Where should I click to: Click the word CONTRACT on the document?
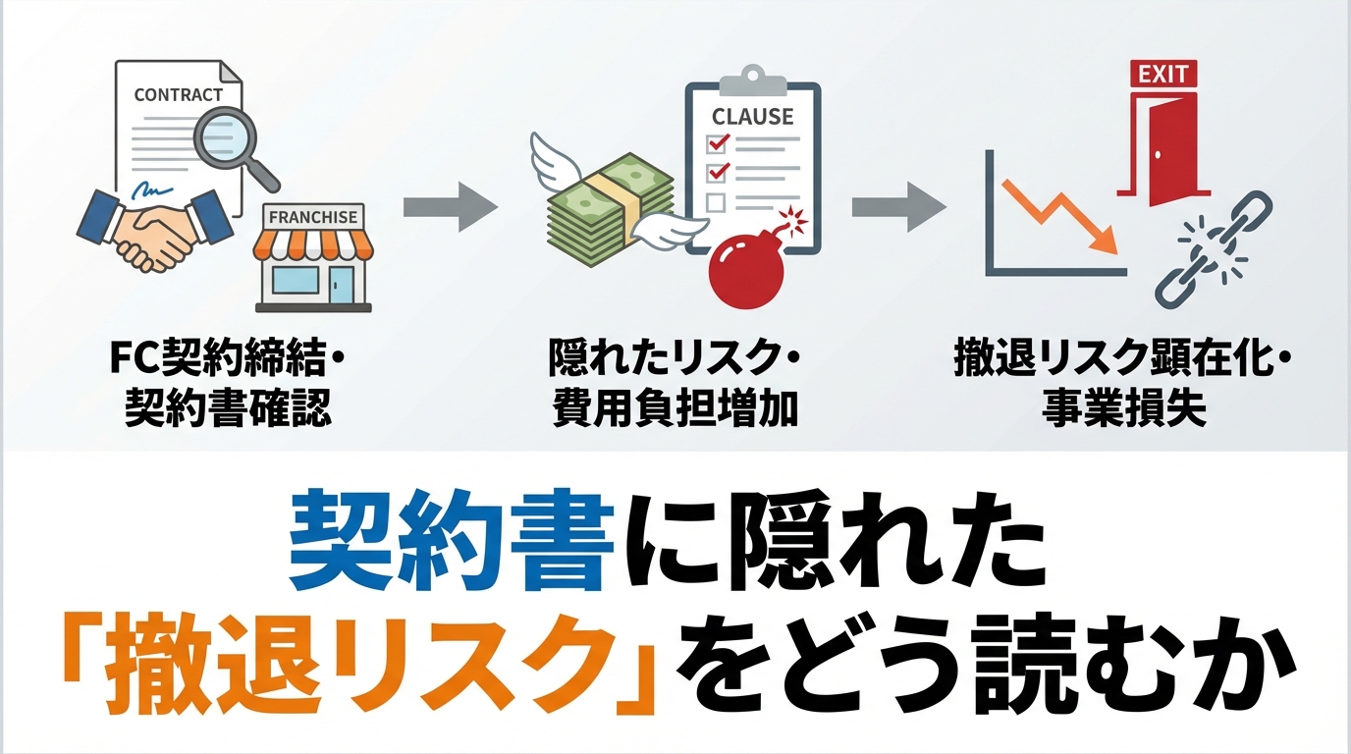pos(179,95)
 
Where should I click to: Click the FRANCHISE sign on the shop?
pos(313,217)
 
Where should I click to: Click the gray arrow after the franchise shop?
pos(451,210)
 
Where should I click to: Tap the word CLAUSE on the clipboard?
pos(752,116)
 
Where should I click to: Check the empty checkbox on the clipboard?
pos(716,202)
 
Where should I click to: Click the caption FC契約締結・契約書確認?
pos(228,387)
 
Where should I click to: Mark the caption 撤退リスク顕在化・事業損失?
pos(1122,387)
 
